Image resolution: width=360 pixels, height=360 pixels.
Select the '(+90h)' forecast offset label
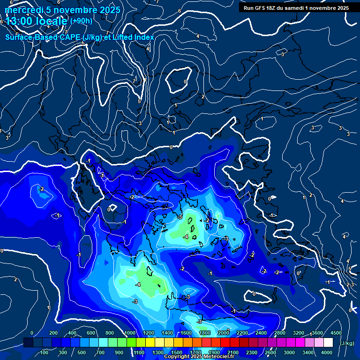coord(81,21)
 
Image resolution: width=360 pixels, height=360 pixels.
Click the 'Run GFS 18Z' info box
coord(296,7)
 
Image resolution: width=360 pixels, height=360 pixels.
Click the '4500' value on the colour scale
coord(336,333)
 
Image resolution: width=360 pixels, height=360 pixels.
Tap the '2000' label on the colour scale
coord(223,333)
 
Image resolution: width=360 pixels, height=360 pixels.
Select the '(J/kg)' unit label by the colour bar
coord(347,343)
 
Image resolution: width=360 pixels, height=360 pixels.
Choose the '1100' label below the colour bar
coord(139,352)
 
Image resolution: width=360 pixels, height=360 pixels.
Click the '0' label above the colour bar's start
coord(31,333)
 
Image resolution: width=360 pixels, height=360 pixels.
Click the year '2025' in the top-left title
coord(109,9)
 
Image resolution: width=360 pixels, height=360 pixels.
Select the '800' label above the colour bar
coord(110,333)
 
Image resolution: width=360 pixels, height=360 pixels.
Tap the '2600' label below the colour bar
coord(270,352)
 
